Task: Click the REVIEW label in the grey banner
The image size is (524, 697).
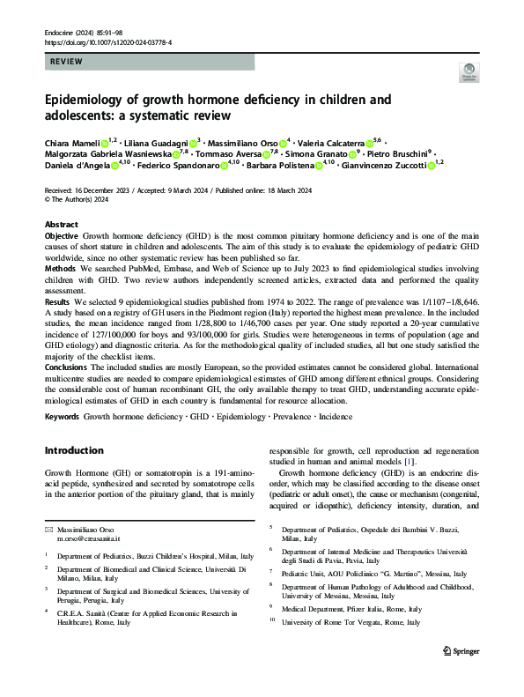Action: [69, 63]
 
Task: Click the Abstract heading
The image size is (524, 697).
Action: [61, 225]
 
